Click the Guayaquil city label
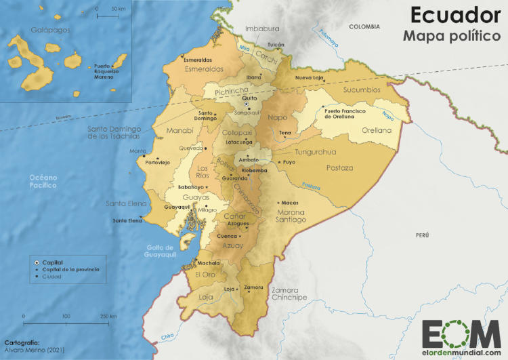(179, 206)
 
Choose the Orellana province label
(377, 130)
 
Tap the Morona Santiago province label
(291, 216)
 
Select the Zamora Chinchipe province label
(289, 294)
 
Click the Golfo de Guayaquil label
(161, 251)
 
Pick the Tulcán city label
(276, 44)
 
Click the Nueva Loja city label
(310, 78)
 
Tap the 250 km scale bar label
(108, 316)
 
